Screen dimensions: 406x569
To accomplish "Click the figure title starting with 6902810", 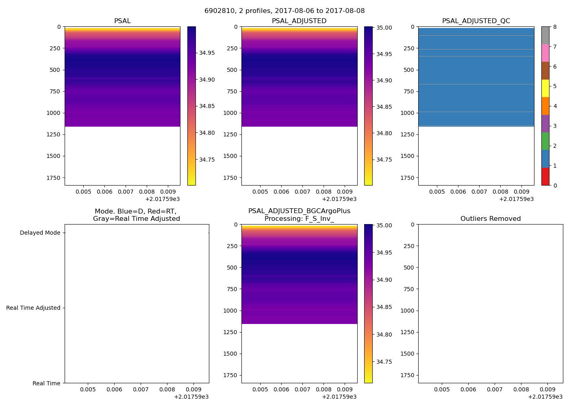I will tap(284, 11).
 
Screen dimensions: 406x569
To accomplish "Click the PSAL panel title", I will tap(122, 21).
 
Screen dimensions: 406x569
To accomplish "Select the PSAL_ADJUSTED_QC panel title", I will tap(476, 21).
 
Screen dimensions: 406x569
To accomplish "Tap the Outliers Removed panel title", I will tap(491, 219).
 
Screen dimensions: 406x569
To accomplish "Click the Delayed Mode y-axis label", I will tap(40, 233).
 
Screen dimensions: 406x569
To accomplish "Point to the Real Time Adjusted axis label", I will tap(33, 308).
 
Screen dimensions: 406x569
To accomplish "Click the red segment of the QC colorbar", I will tap(545, 177).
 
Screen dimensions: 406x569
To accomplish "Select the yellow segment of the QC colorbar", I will tap(545, 88).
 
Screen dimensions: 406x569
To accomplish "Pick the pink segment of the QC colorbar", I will tap(545, 53).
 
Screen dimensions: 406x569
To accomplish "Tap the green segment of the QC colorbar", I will tap(545, 141).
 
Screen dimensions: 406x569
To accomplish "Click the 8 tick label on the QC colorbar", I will tap(555, 27).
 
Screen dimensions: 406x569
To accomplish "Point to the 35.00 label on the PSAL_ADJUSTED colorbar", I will tap(384, 28).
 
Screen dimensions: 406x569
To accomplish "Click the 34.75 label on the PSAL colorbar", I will tap(207, 160).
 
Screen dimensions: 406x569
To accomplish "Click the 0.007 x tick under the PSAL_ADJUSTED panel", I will tap(302, 192).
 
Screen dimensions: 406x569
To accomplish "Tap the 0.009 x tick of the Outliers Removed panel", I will tap(547, 389).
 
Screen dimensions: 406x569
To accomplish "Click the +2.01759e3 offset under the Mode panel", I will tap(191, 397).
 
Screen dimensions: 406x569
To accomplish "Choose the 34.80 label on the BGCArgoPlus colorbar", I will tap(384, 335).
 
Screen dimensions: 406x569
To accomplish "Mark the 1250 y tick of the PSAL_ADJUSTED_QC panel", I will tap(407, 134).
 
